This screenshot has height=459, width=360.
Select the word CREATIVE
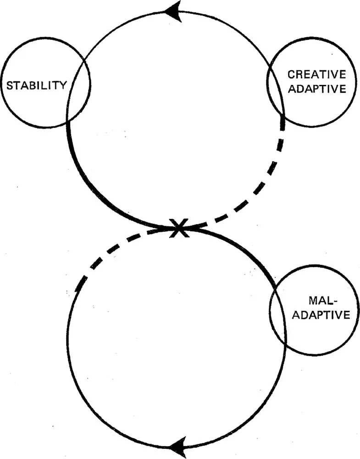coord(316,74)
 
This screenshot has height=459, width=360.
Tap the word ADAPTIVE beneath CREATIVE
coord(316,89)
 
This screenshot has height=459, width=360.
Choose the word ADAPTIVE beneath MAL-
coord(323,315)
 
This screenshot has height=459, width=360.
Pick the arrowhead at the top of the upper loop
coord(173,11)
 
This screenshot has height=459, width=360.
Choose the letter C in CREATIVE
coord(290,74)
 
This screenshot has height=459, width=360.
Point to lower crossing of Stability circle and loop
coord(68,120)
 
